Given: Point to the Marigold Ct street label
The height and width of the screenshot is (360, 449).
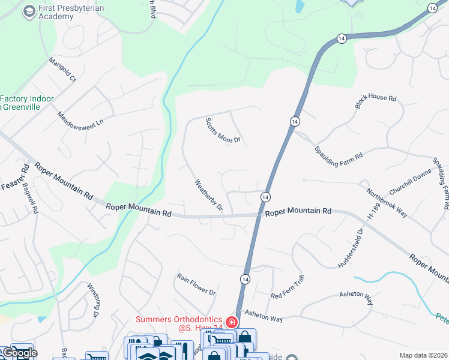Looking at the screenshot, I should click(62, 70).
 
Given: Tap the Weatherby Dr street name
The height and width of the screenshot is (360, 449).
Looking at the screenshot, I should click(208, 195).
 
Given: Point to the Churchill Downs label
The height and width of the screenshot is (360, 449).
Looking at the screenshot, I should click(410, 182).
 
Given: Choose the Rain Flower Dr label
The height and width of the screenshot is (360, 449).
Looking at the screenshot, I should click(196, 284).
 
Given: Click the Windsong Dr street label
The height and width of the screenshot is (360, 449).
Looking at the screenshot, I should click(92, 300).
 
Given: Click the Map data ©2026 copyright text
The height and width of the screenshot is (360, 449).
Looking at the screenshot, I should click(423, 355).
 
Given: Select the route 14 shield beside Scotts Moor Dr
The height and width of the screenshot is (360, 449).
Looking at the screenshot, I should click(294, 121).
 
